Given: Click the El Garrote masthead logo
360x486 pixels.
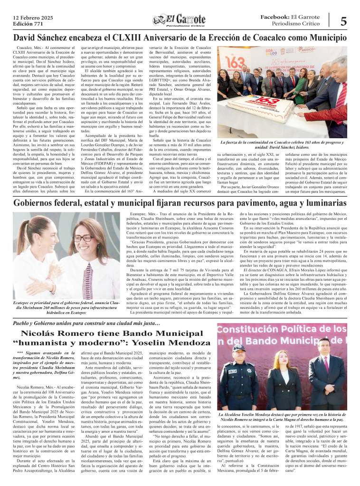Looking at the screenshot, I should coord(180,20).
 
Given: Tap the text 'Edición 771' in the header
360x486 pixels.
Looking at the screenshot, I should coord(25,23).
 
